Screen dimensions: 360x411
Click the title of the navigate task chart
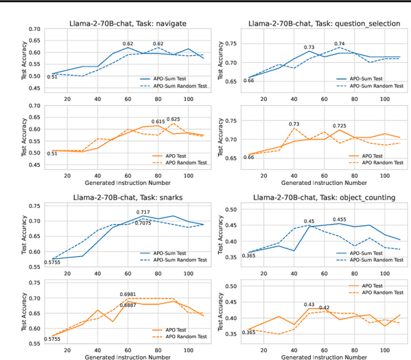[128, 23]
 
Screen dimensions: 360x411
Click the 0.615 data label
[158, 121]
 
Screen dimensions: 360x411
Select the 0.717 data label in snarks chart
[143, 212]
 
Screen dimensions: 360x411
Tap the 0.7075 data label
[143, 223]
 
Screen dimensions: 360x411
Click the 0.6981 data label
[129, 294]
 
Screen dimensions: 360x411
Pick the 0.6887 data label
[129, 305]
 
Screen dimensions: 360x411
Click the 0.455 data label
[340, 219]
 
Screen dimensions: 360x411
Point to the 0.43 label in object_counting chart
[310, 305]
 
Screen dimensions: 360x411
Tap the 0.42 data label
[324, 307]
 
